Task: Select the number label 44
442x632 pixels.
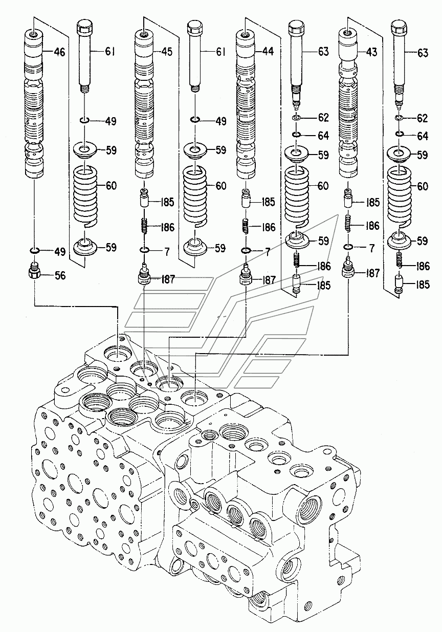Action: pyautogui.click(x=268, y=52)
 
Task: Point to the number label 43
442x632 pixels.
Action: pyautogui.click(x=372, y=52)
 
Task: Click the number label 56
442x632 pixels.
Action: pyautogui.click(x=60, y=276)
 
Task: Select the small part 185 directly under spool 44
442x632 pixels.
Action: pyautogui.click(x=246, y=198)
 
